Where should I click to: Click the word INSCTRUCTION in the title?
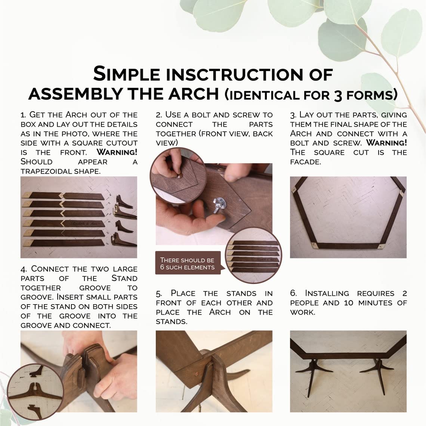click(235, 74)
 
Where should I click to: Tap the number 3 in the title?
click(338, 96)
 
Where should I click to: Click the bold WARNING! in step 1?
click(117, 152)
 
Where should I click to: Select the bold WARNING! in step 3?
click(386, 143)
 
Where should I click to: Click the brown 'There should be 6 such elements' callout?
click(188, 263)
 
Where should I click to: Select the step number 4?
click(24, 269)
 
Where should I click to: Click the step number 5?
click(159, 294)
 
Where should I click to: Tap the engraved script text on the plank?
click(84, 223)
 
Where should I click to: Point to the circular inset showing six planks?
click(253, 255)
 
